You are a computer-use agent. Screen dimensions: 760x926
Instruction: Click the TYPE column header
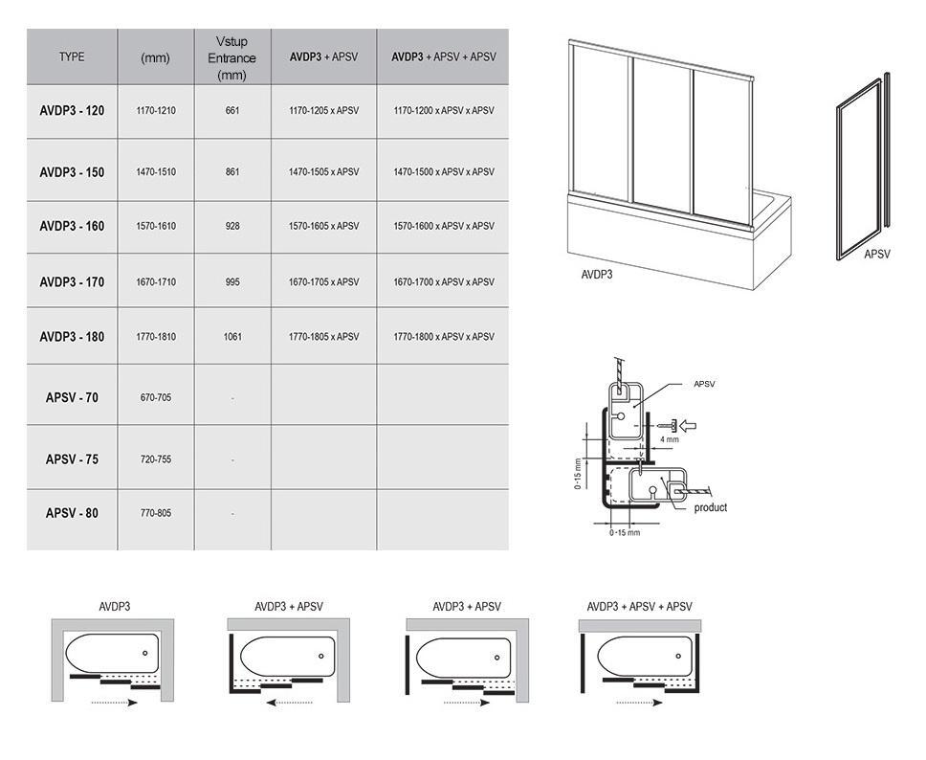tap(72, 57)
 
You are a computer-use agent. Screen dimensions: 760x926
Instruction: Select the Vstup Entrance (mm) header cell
tap(231, 57)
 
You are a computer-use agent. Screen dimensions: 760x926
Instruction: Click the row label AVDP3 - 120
tap(72, 111)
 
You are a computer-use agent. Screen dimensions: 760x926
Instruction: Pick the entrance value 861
tap(232, 172)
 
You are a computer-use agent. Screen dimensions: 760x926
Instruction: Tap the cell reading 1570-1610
tap(155, 227)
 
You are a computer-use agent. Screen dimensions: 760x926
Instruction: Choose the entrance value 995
tap(232, 282)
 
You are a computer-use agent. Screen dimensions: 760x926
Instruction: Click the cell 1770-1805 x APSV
tap(323, 337)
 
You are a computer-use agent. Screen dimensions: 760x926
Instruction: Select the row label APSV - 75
tap(72, 459)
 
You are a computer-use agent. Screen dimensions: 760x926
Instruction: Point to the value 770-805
tap(155, 514)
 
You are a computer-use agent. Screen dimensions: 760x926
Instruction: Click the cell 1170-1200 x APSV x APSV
tap(443, 111)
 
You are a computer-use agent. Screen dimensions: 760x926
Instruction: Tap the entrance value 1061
tap(232, 337)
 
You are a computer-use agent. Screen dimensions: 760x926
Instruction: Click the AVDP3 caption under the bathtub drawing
tap(597, 274)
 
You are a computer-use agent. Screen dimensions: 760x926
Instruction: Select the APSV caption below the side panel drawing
tap(876, 255)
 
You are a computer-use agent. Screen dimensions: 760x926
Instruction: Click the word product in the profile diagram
tap(711, 507)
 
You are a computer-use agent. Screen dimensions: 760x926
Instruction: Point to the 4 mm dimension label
tap(670, 439)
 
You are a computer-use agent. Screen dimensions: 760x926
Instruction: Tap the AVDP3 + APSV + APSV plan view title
tap(639, 607)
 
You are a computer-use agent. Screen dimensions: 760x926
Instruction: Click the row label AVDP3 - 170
tap(72, 282)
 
